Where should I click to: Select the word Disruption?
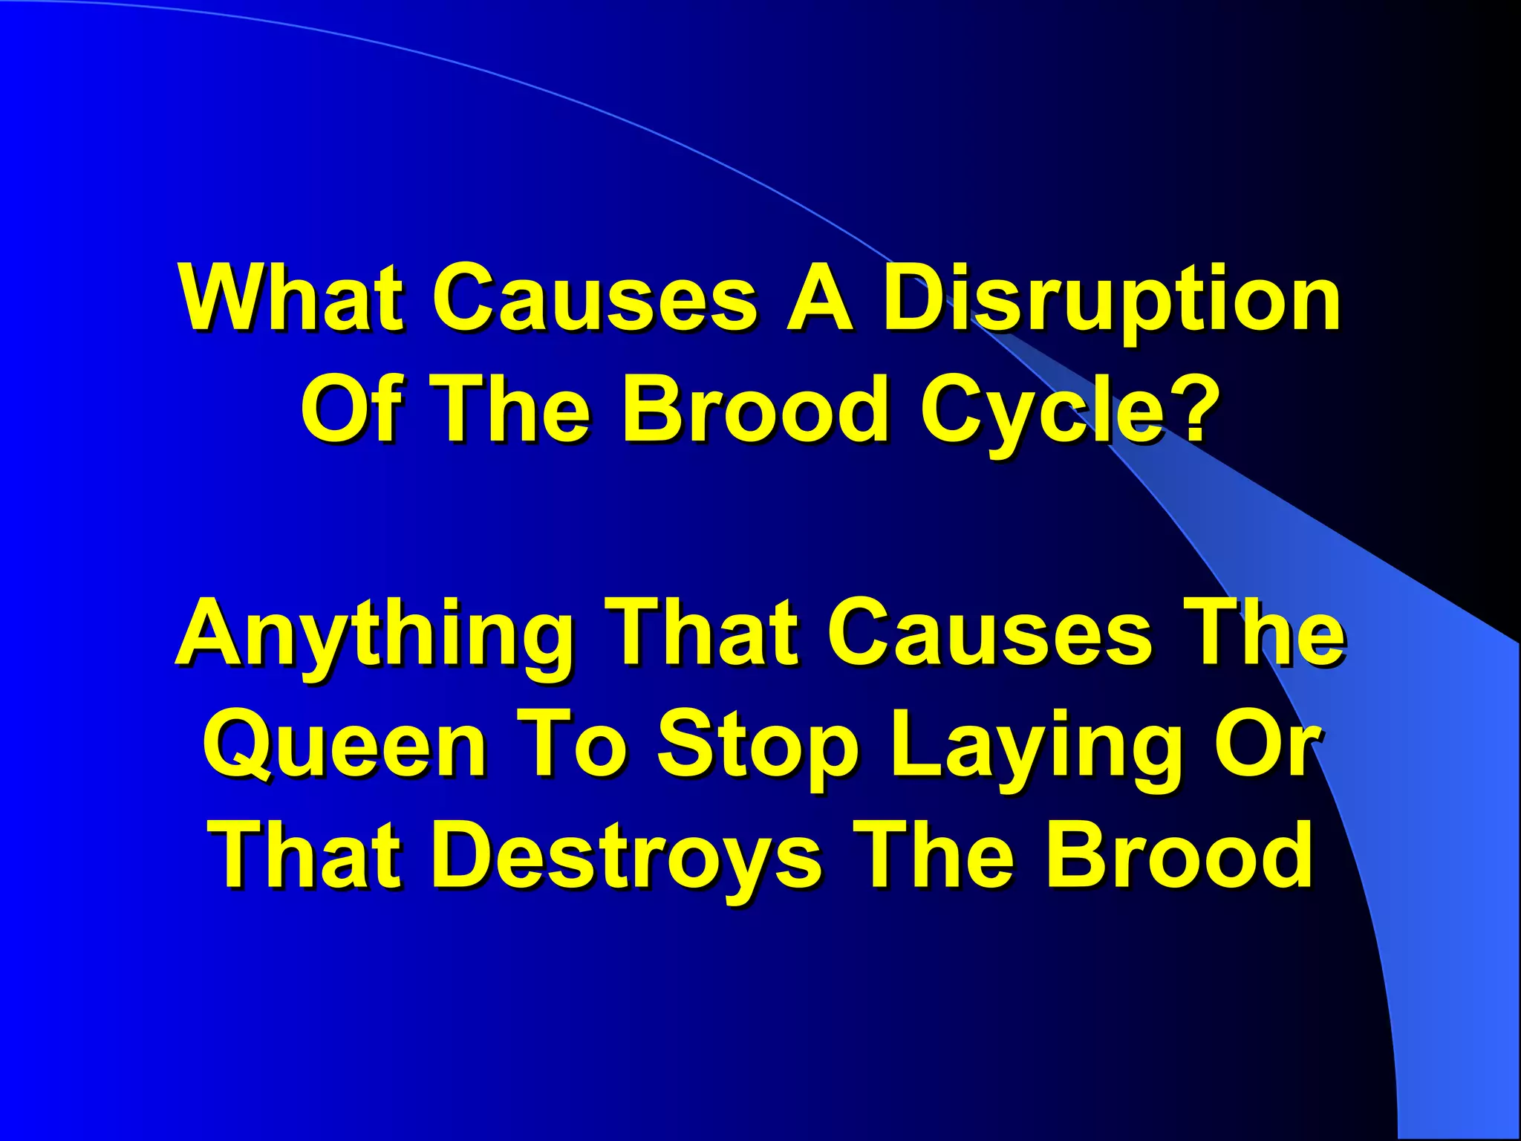[x=1112, y=301]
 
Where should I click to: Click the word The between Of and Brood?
[x=509, y=409]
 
